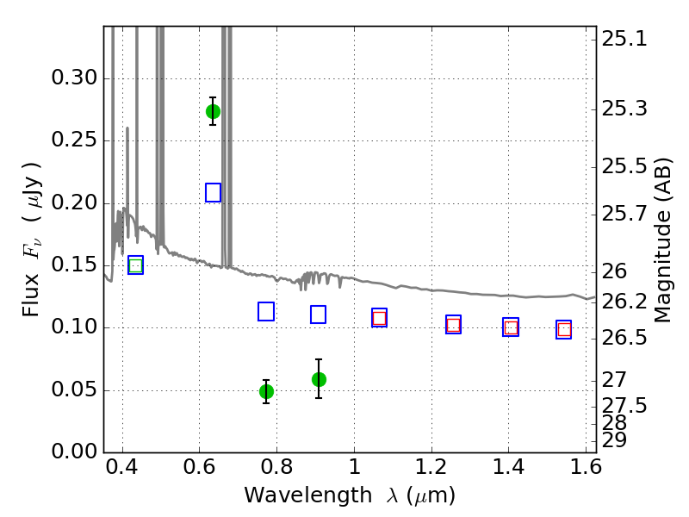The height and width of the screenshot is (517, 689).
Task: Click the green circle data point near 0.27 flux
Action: pyautogui.click(x=213, y=112)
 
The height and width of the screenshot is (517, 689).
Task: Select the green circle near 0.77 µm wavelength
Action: pyautogui.click(x=266, y=391)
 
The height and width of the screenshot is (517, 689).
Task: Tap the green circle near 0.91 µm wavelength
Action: pyautogui.click(x=319, y=379)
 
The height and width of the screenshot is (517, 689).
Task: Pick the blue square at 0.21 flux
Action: pyautogui.click(x=213, y=192)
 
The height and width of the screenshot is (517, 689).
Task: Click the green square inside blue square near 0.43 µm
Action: pyautogui.click(x=136, y=265)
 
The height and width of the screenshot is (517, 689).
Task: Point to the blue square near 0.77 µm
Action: pyautogui.click(x=266, y=311)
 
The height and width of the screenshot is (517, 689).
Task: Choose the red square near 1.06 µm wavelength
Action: pyautogui.click(x=379, y=318)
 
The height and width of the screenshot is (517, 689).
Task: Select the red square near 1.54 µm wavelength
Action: pyautogui.click(x=564, y=330)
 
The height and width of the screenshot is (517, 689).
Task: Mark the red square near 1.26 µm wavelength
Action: pyautogui.click(x=454, y=326)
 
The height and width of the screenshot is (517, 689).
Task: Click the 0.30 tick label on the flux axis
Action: pyautogui.click(x=74, y=78)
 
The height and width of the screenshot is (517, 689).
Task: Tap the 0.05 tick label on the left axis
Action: pyautogui.click(x=74, y=390)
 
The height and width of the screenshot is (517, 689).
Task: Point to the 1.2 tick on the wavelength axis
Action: pyautogui.click(x=431, y=467)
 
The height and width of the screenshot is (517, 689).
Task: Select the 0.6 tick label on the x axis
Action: pyautogui.click(x=200, y=467)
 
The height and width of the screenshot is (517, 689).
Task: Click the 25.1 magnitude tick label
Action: pyautogui.click(x=624, y=39)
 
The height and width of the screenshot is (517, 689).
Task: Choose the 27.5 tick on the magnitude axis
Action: pyautogui.click(x=624, y=405)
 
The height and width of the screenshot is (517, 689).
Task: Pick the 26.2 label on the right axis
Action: pyautogui.click(x=624, y=302)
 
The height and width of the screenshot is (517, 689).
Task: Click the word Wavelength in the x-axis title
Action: pyautogui.click(x=308, y=495)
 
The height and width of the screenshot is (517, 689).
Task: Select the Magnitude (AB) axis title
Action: pyautogui.click(x=663, y=240)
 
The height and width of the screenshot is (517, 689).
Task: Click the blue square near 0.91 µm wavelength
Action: pyautogui.click(x=318, y=315)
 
